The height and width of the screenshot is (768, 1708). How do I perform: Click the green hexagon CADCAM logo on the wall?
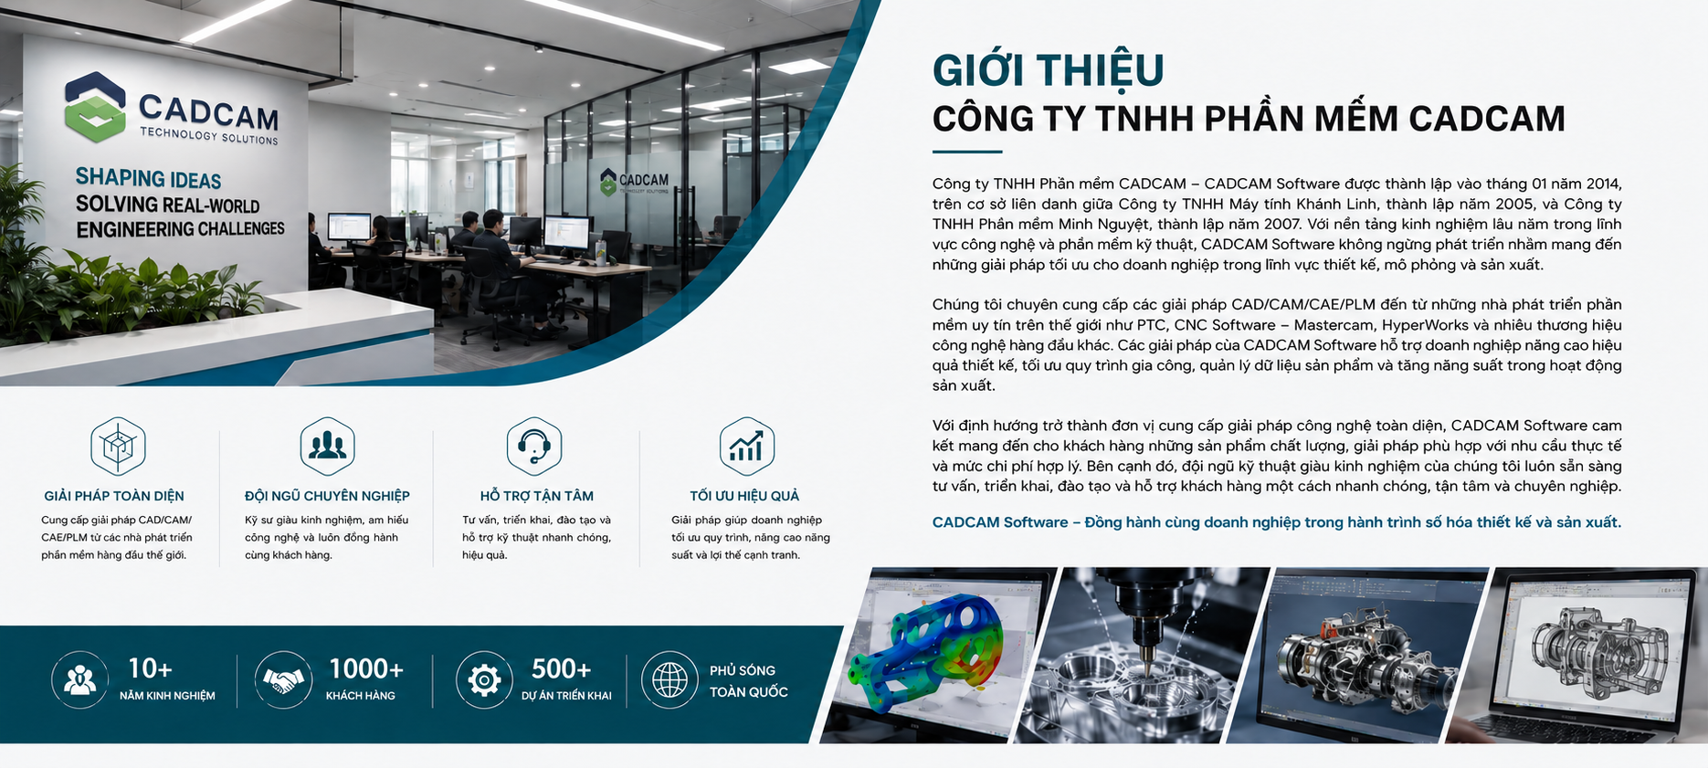(x=94, y=107)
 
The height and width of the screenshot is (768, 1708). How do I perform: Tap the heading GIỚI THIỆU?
(x=1048, y=70)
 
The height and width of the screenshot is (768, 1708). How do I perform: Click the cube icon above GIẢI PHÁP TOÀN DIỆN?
(x=118, y=446)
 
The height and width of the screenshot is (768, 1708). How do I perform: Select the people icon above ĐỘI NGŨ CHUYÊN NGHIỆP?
(x=327, y=446)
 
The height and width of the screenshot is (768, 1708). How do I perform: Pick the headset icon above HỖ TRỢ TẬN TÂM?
(x=534, y=446)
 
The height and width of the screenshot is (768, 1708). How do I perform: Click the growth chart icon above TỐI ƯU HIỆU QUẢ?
(x=746, y=446)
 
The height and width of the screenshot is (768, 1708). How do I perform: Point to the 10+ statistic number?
(x=150, y=669)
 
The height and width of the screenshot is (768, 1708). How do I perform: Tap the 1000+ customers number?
(x=365, y=669)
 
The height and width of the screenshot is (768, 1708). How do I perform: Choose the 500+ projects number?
(x=561, y=669)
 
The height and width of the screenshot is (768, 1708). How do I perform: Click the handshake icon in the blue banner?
(x=283, y=679)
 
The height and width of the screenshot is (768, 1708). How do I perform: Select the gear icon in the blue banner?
(x=483, y=679)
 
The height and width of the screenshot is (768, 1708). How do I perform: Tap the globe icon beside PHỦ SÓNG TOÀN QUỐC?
(x=669, y=679)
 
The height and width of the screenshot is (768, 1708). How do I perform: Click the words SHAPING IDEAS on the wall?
(x=148, y=178)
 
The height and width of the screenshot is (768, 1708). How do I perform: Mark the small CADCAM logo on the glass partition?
(x=634, y=182)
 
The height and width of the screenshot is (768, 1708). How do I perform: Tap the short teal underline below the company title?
(x=967, y=152)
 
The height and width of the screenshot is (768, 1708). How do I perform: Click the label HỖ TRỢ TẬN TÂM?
(x=537, y=496)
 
